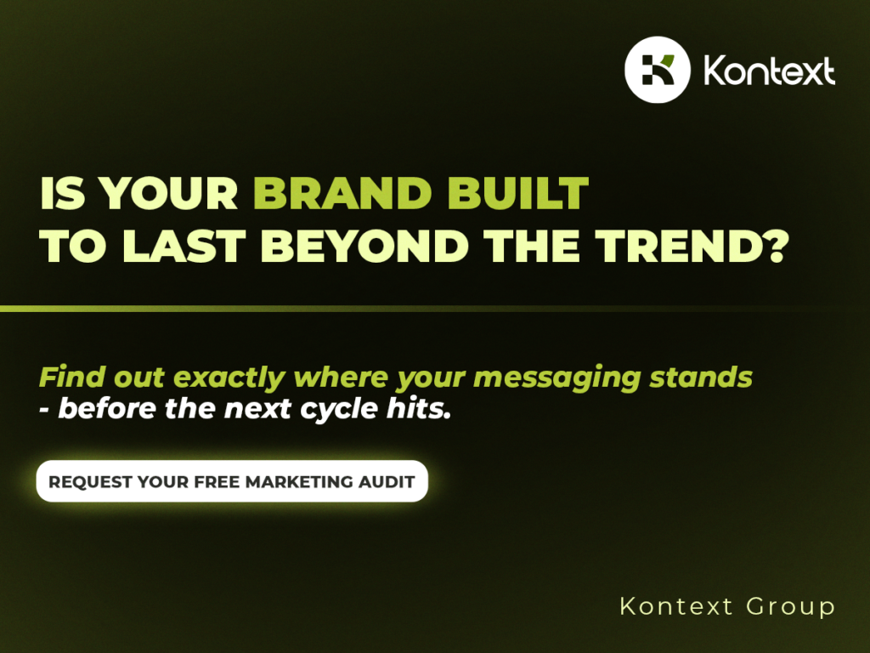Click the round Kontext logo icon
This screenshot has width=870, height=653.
658,70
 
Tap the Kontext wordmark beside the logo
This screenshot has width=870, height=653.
769,71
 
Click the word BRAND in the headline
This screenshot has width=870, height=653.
342,193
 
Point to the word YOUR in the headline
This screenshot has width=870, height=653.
169,193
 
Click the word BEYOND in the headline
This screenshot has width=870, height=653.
364,246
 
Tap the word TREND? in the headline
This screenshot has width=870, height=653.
692,246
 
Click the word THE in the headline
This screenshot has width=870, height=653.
532,246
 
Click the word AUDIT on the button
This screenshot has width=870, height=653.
387,481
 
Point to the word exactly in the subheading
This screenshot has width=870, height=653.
229,378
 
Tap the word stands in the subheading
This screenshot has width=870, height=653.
701,377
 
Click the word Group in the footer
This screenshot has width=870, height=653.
791,607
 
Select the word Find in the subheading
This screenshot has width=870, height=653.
72,377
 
